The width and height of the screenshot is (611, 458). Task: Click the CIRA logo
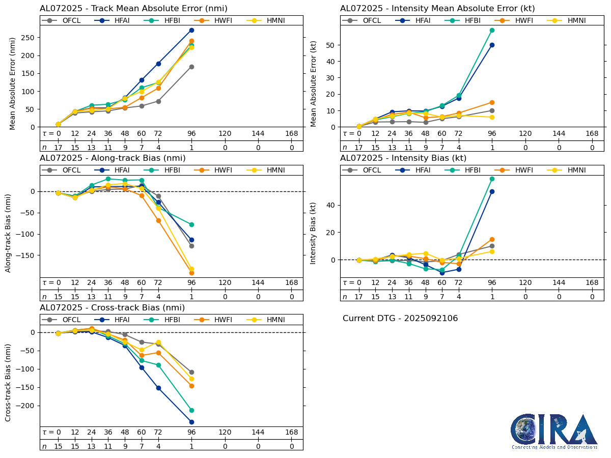[x=554, y=431]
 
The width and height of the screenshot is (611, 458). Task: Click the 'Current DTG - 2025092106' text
[x=400, y=319]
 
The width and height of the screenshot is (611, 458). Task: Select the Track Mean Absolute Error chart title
[x=133, y=9]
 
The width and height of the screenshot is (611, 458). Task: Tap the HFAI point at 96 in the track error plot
[x=191, y=30]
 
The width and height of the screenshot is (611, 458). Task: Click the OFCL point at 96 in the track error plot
[x=191, y=67]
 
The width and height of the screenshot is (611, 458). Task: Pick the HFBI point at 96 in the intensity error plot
[x=492, y=30]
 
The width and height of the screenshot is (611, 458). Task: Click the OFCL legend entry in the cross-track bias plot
[x=67, y=320]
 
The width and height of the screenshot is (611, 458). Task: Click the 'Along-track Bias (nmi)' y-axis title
[x=9, y=232]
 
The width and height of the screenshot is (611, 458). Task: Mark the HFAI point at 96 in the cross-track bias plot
[x=191, y=422]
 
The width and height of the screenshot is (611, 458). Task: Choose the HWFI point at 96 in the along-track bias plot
[x=191, y=273]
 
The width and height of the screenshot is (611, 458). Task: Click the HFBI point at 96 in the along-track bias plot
[x=191, y=224]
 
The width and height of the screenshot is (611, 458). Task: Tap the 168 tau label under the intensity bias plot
[x=592, y=283]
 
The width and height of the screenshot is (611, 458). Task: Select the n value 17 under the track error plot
[x=58, y=148]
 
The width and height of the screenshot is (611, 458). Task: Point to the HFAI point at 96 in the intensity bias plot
[x=492, y=191]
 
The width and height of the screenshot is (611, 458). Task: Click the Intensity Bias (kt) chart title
[x=403, y=158]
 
